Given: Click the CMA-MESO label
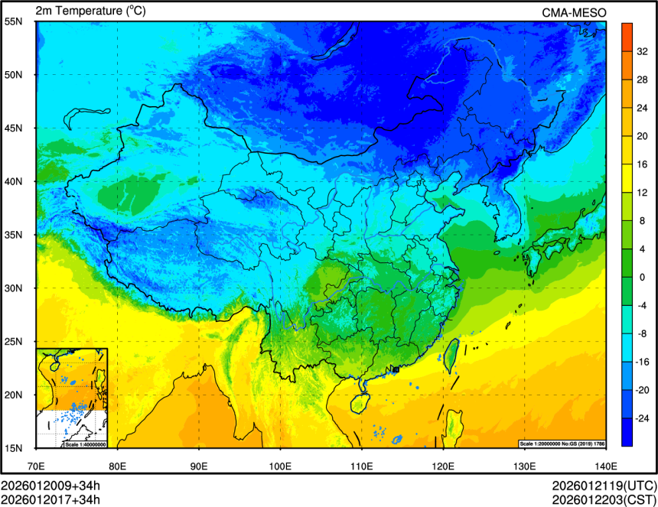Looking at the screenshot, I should pos(574,11).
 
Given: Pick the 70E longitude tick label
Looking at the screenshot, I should pos(36,465).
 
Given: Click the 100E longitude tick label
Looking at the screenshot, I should pos(280,465).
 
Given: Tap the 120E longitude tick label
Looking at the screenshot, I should pos(443,465).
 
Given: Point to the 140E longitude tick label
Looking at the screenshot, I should pos(606,465).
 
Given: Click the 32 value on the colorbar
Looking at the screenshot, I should pos(643,52).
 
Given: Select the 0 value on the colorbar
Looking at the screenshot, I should pos(643,277).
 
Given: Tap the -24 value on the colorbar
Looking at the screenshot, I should pos(643,418).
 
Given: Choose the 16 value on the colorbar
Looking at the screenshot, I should pos(643,164).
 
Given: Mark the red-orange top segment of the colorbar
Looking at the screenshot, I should pos(627,31).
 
